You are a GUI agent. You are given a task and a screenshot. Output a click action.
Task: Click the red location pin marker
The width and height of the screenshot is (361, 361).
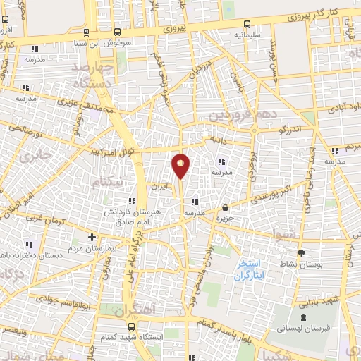180,166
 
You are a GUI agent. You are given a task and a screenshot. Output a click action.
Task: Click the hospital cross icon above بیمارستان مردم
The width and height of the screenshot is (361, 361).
92,237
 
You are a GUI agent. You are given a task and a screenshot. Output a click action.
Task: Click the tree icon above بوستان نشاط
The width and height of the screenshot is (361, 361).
302,253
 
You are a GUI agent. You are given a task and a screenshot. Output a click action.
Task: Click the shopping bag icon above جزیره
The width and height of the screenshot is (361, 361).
225,208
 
